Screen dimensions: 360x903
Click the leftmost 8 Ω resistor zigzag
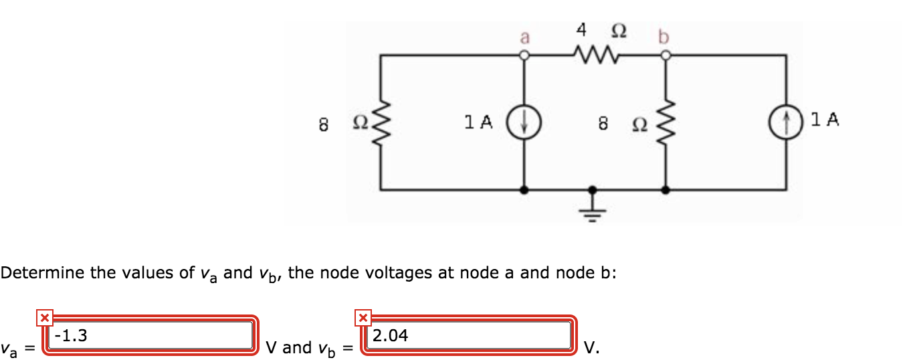tap(381, 122)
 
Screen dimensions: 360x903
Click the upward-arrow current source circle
tap(787, 122)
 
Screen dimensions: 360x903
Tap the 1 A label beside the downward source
tap(478, 122)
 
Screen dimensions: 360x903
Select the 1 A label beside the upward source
tap(824, 120)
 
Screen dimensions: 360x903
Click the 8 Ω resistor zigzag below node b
tap(664, 122)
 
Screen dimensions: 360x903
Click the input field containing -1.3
tap(150, 336)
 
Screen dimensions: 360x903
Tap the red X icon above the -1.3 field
tap(43, 317)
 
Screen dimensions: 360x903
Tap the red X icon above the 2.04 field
tap(362, 317)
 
